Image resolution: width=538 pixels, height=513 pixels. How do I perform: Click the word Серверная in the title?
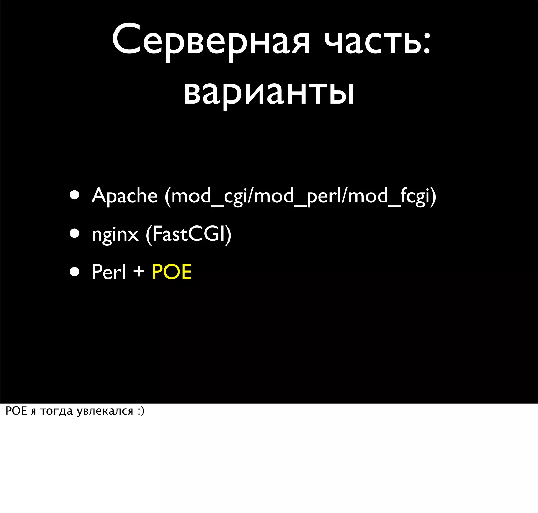tap(211, 41)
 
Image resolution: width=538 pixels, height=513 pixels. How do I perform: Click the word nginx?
tap(115, 234)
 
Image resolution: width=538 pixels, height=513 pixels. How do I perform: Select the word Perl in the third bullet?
tap(109, 272)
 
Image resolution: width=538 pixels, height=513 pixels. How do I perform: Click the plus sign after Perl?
tap(139, 271)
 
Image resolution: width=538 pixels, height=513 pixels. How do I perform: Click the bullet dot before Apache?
tap(74, 195)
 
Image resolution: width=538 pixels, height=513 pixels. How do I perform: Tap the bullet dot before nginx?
tap(74, 234)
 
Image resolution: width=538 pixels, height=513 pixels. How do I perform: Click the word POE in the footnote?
tap(16, 411)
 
